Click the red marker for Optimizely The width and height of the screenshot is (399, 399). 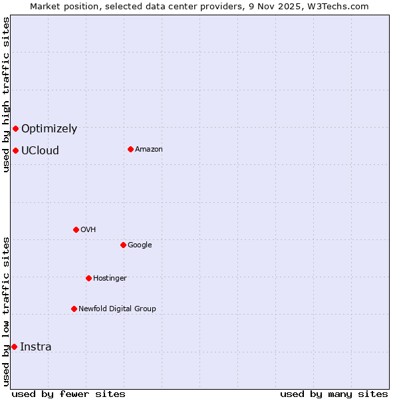tap(15, 128)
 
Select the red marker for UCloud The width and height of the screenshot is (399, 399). tap(15, 150)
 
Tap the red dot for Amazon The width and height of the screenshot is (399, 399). tap(130, 149)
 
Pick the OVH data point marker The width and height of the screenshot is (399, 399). tap(76, 229)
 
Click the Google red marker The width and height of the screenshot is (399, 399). tap(123, 245)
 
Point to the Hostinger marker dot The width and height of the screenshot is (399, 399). tap(88, 278)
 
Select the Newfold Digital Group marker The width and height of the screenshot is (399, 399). tap(74, 309)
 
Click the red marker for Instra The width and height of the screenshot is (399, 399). tap(14, 346)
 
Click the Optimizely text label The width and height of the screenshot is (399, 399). tap(49, 129)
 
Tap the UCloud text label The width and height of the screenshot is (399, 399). tap(40, 150)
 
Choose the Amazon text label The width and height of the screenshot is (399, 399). tap(149, 149)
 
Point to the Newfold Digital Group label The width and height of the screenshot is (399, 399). tap(117, 309)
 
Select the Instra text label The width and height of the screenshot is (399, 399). tap(36, 346)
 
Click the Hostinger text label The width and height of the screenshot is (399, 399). tap(110, 278)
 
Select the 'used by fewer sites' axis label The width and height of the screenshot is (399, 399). tap(68, 394)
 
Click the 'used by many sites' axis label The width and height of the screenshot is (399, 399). tap(334, 394)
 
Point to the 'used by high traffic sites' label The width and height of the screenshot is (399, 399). tap(6, 94)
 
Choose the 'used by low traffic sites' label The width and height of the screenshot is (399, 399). tap(6, 311)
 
